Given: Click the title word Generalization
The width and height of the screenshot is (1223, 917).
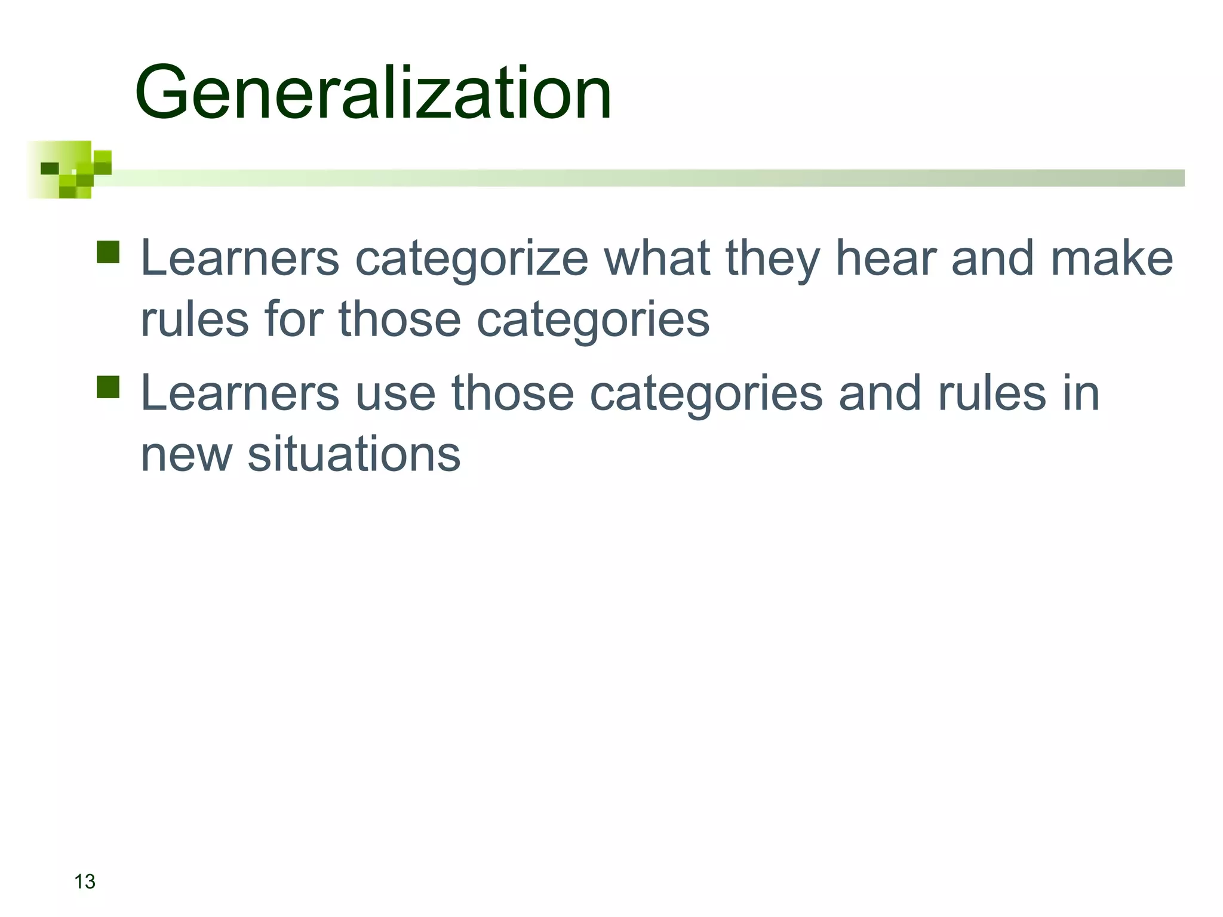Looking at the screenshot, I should tap(373, 93).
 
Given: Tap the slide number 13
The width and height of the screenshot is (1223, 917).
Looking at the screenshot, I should tap(85, 881).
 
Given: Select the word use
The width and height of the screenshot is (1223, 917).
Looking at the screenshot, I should tap(395, 393).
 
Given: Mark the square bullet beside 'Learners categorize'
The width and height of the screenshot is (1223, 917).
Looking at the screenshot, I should tap(108, 252).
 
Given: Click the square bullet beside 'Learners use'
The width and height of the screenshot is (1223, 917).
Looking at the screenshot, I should tap(108, 387).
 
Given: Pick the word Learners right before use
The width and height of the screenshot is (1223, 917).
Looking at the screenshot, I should tap(239, 393).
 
